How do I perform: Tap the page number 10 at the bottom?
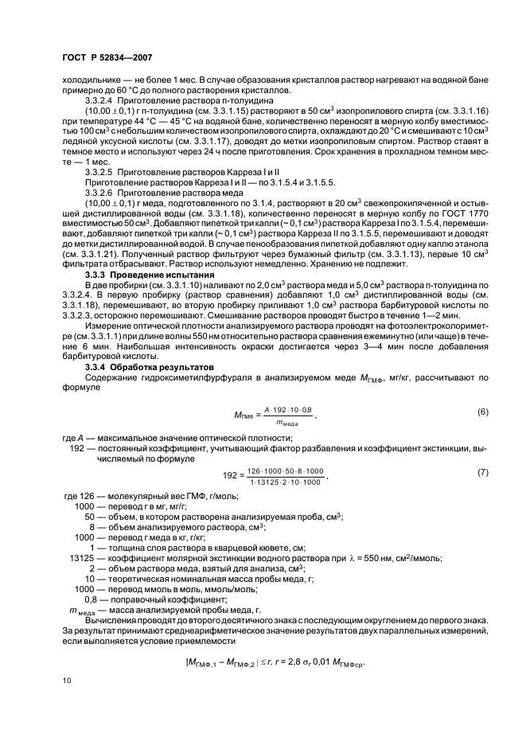pyautogui.click(x=68, y=679)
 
